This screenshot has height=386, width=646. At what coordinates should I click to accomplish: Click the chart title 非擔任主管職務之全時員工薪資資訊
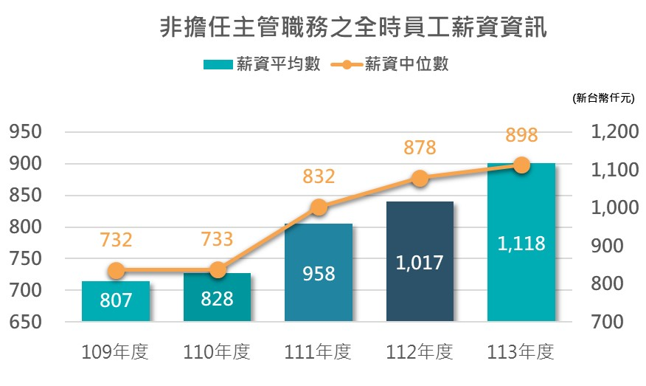click(x=354, y=29)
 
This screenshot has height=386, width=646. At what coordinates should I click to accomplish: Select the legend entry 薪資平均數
click(x=262, y=65)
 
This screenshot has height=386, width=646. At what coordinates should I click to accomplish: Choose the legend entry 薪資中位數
click(x=395, y=65)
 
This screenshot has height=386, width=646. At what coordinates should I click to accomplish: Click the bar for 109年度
click(x=115, y=301)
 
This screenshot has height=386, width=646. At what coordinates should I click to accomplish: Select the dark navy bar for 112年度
click(x=420, y=261)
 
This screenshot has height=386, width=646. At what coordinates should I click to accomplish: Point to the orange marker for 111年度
click(x=319, y=207)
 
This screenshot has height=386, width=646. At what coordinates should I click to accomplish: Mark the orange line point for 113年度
click(x=521, y=165)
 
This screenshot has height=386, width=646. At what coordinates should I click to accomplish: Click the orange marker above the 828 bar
click(x=217, y=270)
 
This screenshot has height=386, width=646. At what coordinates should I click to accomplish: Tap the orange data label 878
click(x=420, y=148)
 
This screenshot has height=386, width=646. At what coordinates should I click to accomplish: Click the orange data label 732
click(x=116, y=240)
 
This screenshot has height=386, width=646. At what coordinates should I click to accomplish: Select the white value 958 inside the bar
click(x=319, y=274)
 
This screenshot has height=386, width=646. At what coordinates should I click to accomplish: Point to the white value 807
click(x=116, y=301)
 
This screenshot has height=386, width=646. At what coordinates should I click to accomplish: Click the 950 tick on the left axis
click(x=26, y=133)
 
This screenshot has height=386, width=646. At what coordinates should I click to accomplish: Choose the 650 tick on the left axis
click(x=26, y=323)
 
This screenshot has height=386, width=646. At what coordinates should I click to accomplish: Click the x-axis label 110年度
click(x=217, y=353)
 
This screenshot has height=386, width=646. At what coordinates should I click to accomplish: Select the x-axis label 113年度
click(x=521, y=353)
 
